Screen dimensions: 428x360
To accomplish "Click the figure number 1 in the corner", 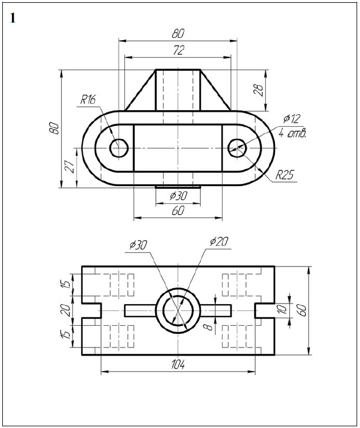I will [13, 18].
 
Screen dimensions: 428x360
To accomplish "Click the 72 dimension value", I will [178, 50].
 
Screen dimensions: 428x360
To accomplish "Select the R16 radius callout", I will [88, 99].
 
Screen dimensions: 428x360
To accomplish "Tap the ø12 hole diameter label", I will [291, 119].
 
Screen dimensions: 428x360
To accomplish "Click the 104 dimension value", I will [178, 365].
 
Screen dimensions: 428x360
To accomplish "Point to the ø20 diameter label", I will [219, 242].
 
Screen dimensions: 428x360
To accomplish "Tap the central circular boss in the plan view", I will [178, 310].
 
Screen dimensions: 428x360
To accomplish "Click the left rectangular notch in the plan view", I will [92, 310].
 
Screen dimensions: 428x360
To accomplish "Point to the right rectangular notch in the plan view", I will [264, 310].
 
